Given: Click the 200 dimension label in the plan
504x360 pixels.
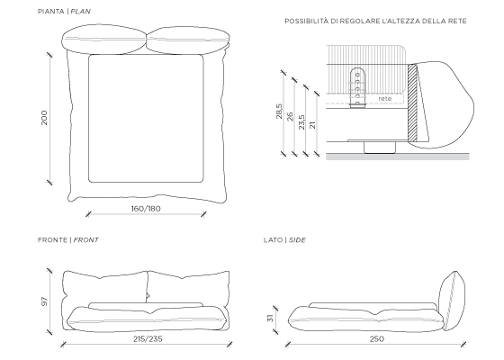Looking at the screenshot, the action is coord(44,118).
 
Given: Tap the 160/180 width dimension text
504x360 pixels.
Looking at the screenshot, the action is coord(146,209).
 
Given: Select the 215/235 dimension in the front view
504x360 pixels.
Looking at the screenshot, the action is coord(148,338).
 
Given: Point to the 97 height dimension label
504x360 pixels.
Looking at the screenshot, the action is coord(44,301).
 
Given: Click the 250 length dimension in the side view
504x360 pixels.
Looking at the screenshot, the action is coord(377,338).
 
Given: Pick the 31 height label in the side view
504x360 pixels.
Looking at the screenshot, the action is coord(270,318).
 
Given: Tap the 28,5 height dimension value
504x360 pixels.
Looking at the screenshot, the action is coord(279,112).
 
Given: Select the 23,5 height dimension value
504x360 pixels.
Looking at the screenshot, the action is coord(301,122).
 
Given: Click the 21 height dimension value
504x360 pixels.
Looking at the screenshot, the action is coord(312,125).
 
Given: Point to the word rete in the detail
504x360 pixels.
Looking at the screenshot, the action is coord(385,99).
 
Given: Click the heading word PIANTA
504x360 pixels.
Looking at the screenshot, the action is coord(50,12).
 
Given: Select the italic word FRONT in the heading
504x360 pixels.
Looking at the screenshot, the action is coord(85,240).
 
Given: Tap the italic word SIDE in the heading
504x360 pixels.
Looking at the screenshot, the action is coord(297,240).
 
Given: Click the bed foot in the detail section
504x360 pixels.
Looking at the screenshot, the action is coord(380,148).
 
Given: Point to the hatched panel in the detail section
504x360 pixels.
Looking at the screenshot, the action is coord(413,103).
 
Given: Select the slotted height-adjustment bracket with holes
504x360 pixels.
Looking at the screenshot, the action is coord(357,87).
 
